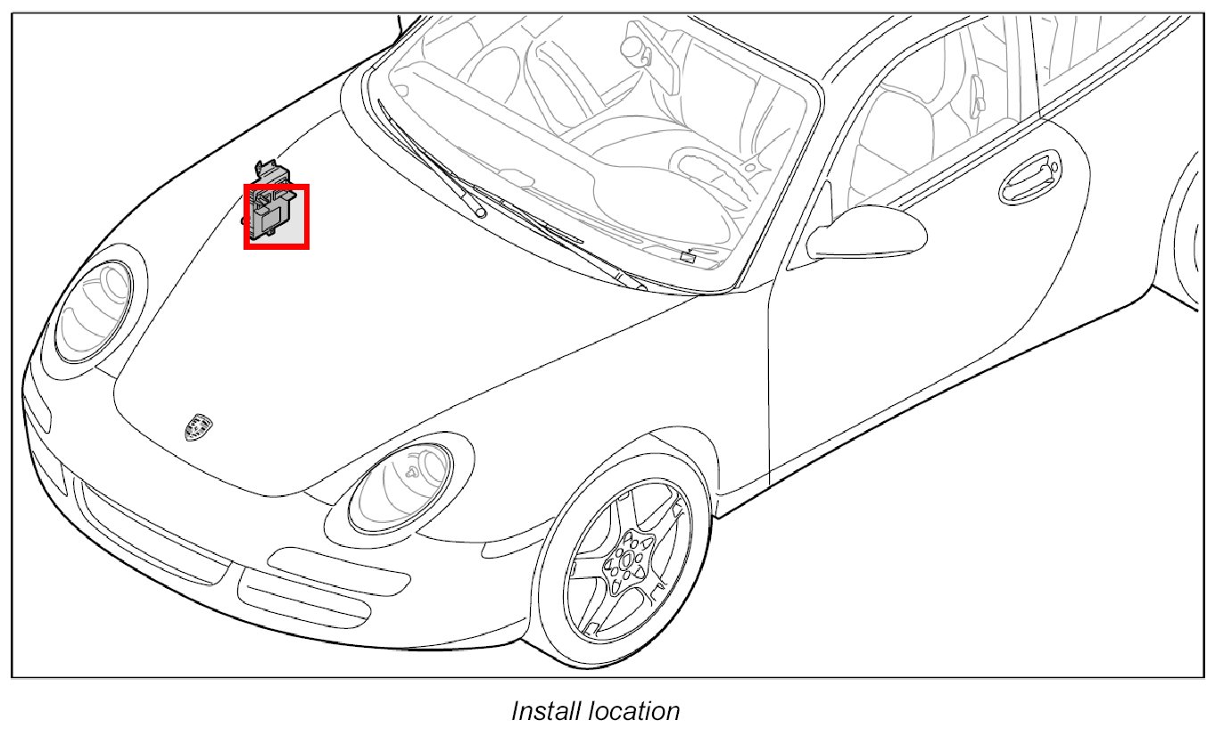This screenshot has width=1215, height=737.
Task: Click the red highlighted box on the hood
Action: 277,216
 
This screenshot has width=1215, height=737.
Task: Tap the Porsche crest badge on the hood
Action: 194,427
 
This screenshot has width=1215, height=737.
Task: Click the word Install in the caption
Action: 545,711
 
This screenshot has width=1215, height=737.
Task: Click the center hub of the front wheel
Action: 628,560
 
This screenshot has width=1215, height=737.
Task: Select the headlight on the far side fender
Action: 95,309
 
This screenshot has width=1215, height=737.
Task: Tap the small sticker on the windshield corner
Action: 688,256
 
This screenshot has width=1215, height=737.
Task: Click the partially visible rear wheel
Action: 1195,232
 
